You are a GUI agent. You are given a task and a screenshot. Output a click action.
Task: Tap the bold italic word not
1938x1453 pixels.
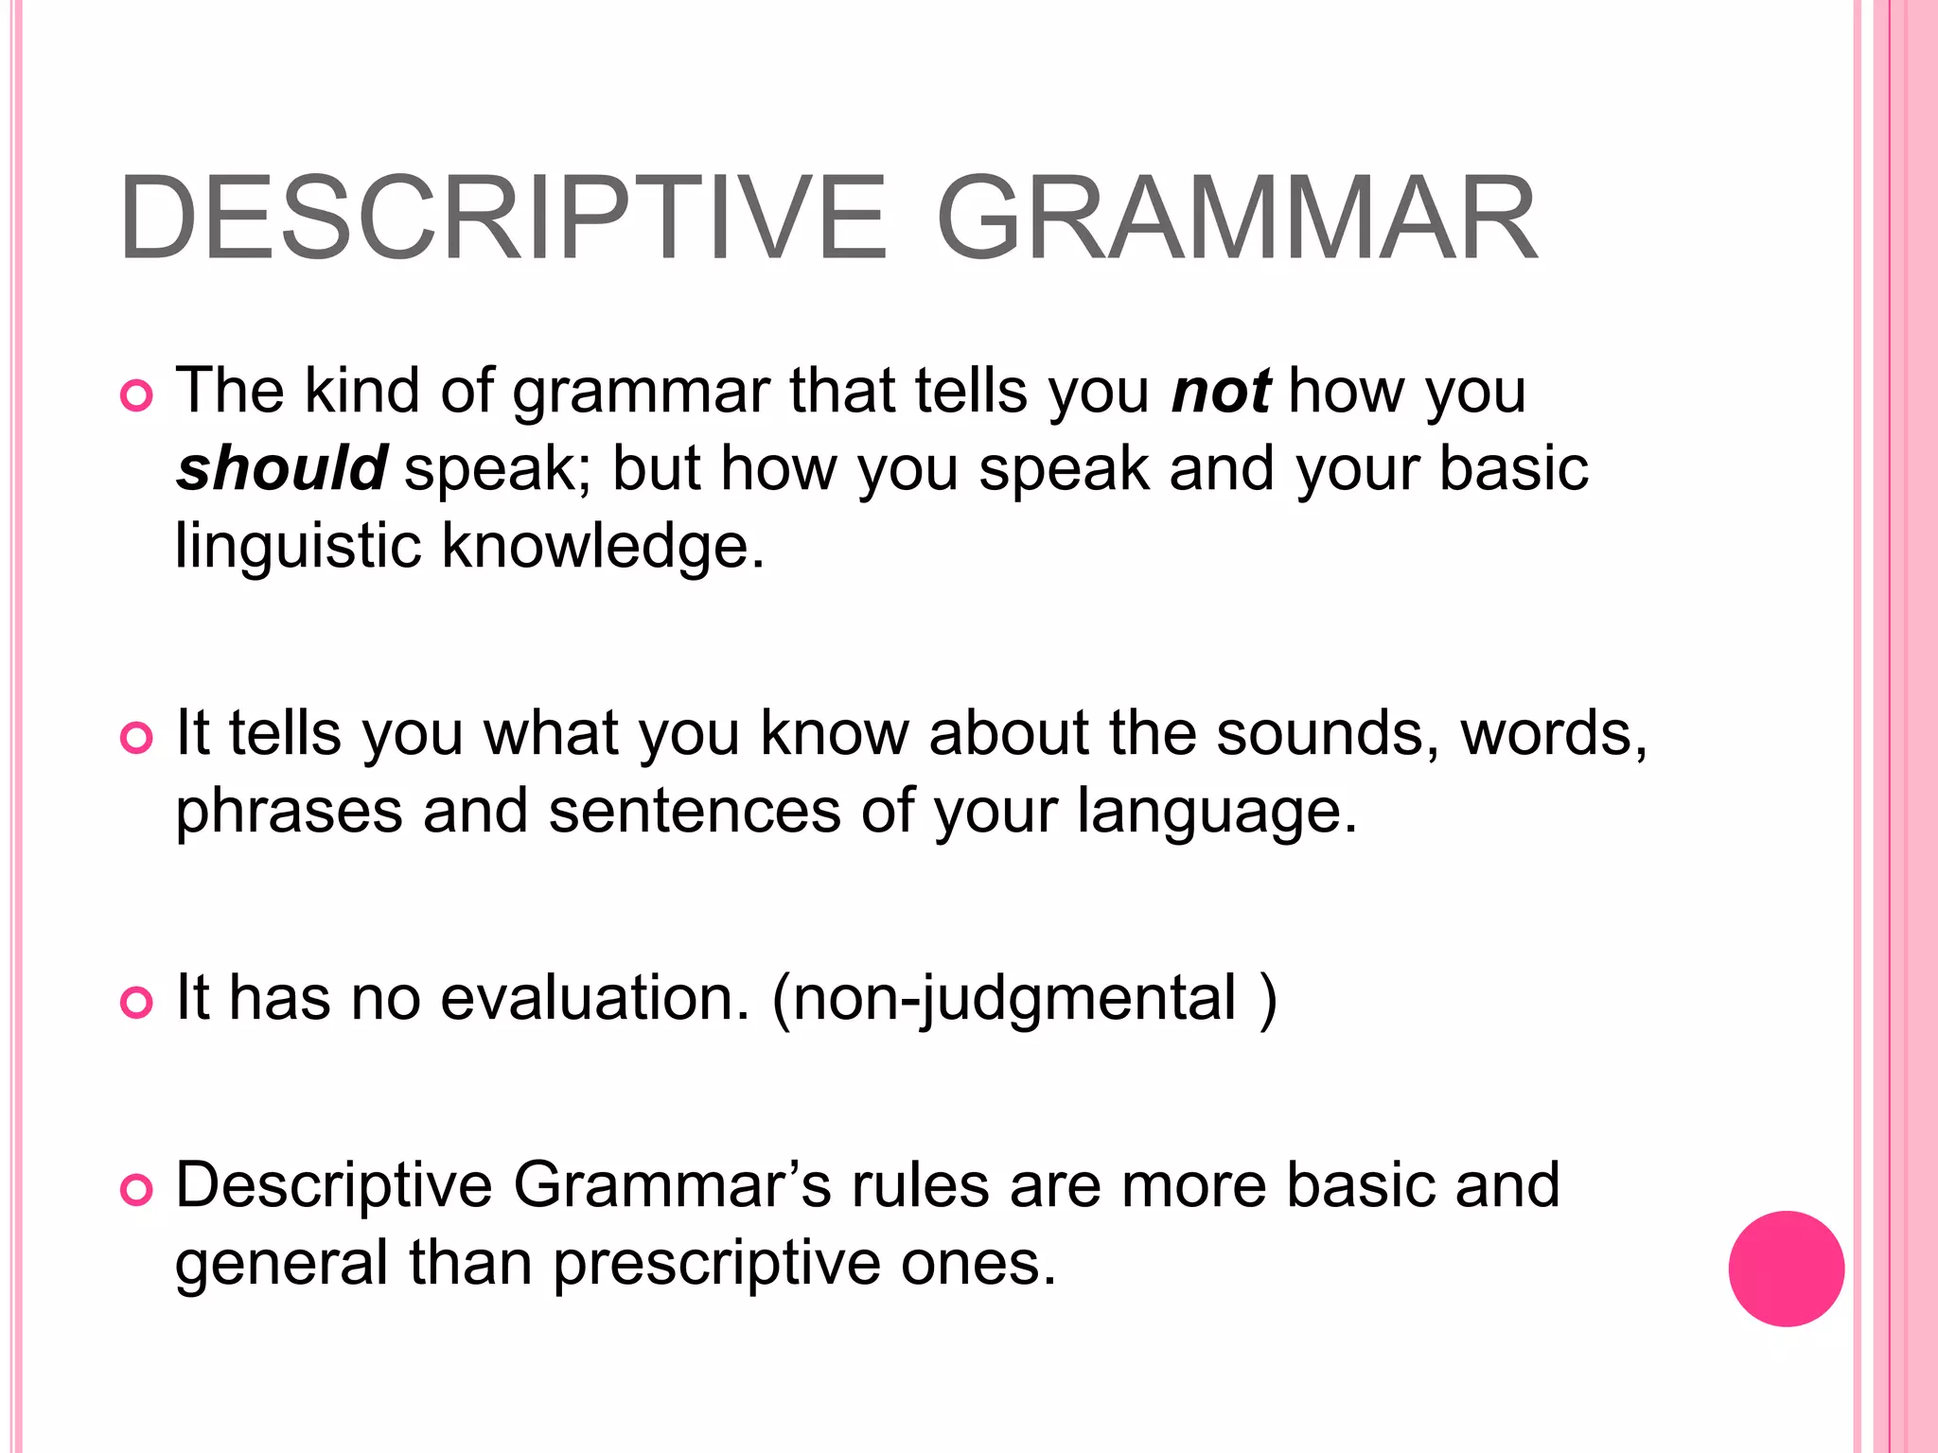1221,391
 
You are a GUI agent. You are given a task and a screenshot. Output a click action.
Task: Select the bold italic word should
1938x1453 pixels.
281,468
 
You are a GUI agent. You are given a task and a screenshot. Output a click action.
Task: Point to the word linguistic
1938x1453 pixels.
298,547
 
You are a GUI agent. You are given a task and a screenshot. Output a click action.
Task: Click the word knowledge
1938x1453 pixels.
603,547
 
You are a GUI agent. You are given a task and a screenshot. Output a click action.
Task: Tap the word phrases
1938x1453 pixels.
289,812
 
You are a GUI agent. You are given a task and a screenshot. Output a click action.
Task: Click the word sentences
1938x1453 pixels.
695,812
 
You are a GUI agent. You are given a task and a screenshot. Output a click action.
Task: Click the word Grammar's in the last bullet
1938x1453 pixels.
672,1185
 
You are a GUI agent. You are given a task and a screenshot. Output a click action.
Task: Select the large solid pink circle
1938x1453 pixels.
1786,1269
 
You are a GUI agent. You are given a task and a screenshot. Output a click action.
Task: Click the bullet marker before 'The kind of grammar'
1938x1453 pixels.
137,396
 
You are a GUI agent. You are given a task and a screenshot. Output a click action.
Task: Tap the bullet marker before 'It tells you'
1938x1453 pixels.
137,738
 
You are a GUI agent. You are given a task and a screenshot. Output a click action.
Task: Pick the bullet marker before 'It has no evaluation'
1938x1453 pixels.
137,1003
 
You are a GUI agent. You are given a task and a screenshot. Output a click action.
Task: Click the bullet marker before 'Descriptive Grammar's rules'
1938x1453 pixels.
137,1190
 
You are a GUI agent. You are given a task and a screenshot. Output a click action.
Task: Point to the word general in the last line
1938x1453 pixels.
281,1265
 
